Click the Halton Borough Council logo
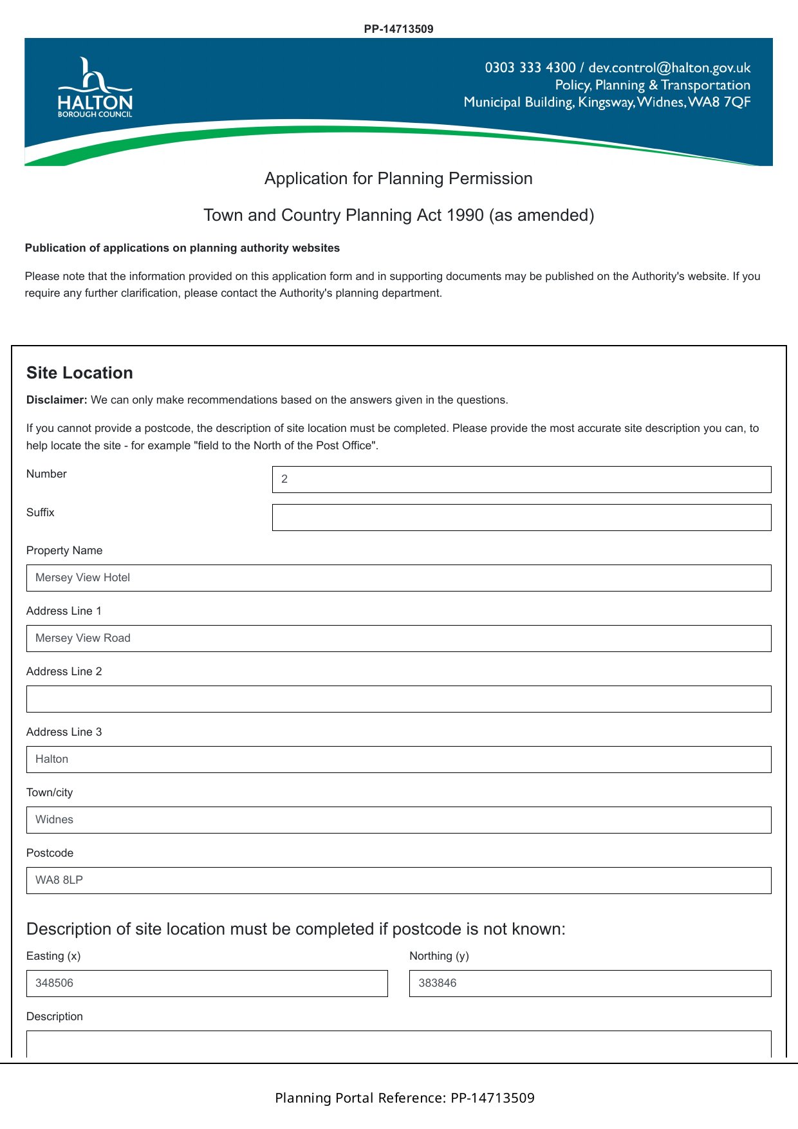95,89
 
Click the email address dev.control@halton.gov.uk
669,68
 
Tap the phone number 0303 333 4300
530,68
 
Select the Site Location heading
80,373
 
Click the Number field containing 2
521,480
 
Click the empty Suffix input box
521,518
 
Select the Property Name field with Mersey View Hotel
398,578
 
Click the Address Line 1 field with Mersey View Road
398,639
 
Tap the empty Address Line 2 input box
398,699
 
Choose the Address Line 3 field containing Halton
398,760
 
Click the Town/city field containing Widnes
398,820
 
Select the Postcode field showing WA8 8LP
398,881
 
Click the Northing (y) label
439,956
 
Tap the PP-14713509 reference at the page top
398,29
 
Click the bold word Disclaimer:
57,400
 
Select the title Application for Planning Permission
398,178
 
